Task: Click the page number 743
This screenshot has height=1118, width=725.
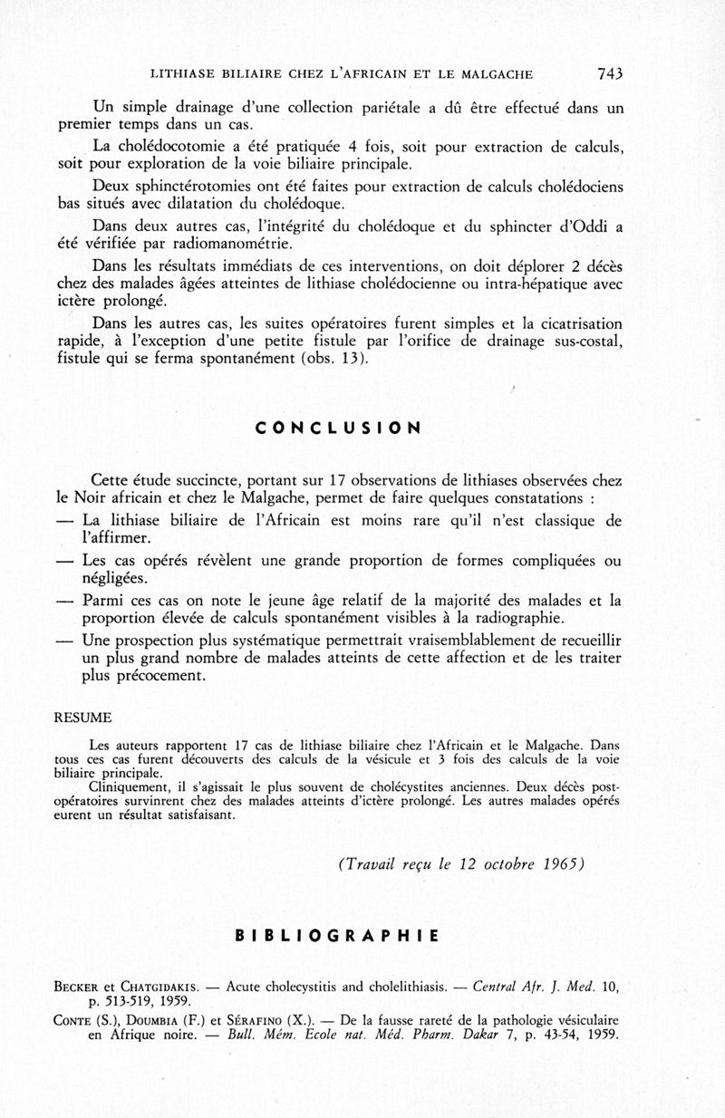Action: point(610,73)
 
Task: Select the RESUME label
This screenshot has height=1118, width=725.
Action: point(83,718)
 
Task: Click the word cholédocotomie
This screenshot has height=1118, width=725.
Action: point(178,147)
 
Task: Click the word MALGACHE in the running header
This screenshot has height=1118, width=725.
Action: point(494,74)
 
